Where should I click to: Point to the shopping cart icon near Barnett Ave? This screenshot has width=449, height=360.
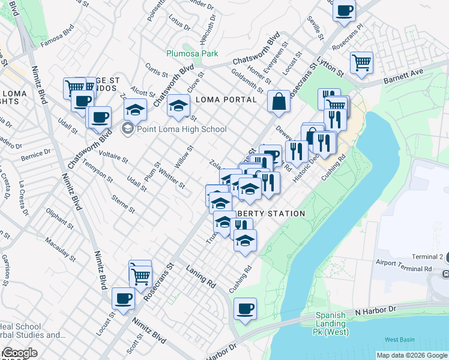pos(361,62)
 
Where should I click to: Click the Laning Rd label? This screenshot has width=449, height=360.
pos(200,276)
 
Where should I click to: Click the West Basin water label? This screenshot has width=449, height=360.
pos(399,340)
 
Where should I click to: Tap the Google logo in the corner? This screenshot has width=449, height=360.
pos(19,353)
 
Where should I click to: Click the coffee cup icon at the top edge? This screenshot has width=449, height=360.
pos(345,10)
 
